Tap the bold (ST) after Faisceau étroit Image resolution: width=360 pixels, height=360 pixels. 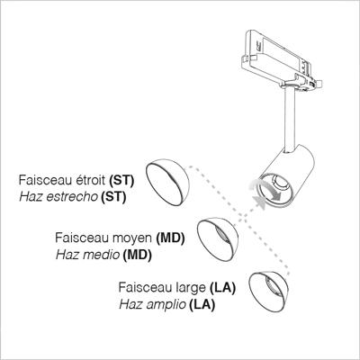(x=121, y=181)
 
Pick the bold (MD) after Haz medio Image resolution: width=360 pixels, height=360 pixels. (x=137, y=255)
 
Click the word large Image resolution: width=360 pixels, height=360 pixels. (x=191, y=288)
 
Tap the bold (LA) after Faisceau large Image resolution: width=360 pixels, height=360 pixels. (x=222, y=288)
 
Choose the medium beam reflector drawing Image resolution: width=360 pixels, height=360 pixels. (x=218, y=239)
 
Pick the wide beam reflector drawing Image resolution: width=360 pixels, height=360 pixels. (x=269, y=292)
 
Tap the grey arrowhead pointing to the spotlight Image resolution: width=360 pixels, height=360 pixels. (x=260, y=202)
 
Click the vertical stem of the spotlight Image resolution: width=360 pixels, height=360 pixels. (x=290, y=120)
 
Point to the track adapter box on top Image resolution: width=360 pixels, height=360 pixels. (x=281, y=60)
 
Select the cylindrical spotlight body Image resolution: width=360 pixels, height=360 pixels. (x=286, y=177)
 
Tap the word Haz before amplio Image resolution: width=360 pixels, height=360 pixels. (x=130, y=304)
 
